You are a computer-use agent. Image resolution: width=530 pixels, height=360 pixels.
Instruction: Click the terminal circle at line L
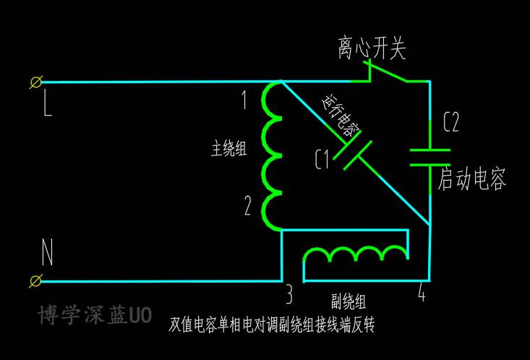pyautogui.click(x=35, y=82)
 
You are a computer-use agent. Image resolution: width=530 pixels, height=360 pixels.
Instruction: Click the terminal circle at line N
pyautogui.click(x=35, y=280)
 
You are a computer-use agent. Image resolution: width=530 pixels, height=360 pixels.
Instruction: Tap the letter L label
pyautogui.click(x=48, y=106)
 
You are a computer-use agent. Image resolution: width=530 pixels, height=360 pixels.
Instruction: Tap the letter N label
pyautogui.click(x=47, y=253)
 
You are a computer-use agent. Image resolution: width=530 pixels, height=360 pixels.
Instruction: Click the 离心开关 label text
pyautogui.click(x=372, y=49)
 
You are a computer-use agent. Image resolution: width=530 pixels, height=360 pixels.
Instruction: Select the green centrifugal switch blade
pyautogui.click(x=388, y=72)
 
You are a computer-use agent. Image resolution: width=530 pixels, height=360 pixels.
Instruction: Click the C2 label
pyautogui.click(x=450, y=122)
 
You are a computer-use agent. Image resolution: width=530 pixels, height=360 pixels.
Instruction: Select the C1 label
pyautogui.click(x=322, y=159)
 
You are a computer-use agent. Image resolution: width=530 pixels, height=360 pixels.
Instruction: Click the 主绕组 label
pyautogui.click(x=228, y=150)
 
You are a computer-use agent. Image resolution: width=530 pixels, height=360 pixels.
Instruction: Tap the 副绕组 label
pyautogui.click(x=349, y=301)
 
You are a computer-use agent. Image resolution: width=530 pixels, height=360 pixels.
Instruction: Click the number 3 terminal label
pyautogui.click(x=288, y=295)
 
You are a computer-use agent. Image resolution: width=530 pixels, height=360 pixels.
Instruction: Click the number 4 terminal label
pyautogui.click(x=422, y=293)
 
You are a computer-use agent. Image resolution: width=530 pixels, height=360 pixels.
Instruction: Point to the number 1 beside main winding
pyautogui.click(x=244, y=100)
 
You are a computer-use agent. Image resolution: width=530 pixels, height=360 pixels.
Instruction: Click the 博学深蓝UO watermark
pyautogui.click(x=95, y=315)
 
